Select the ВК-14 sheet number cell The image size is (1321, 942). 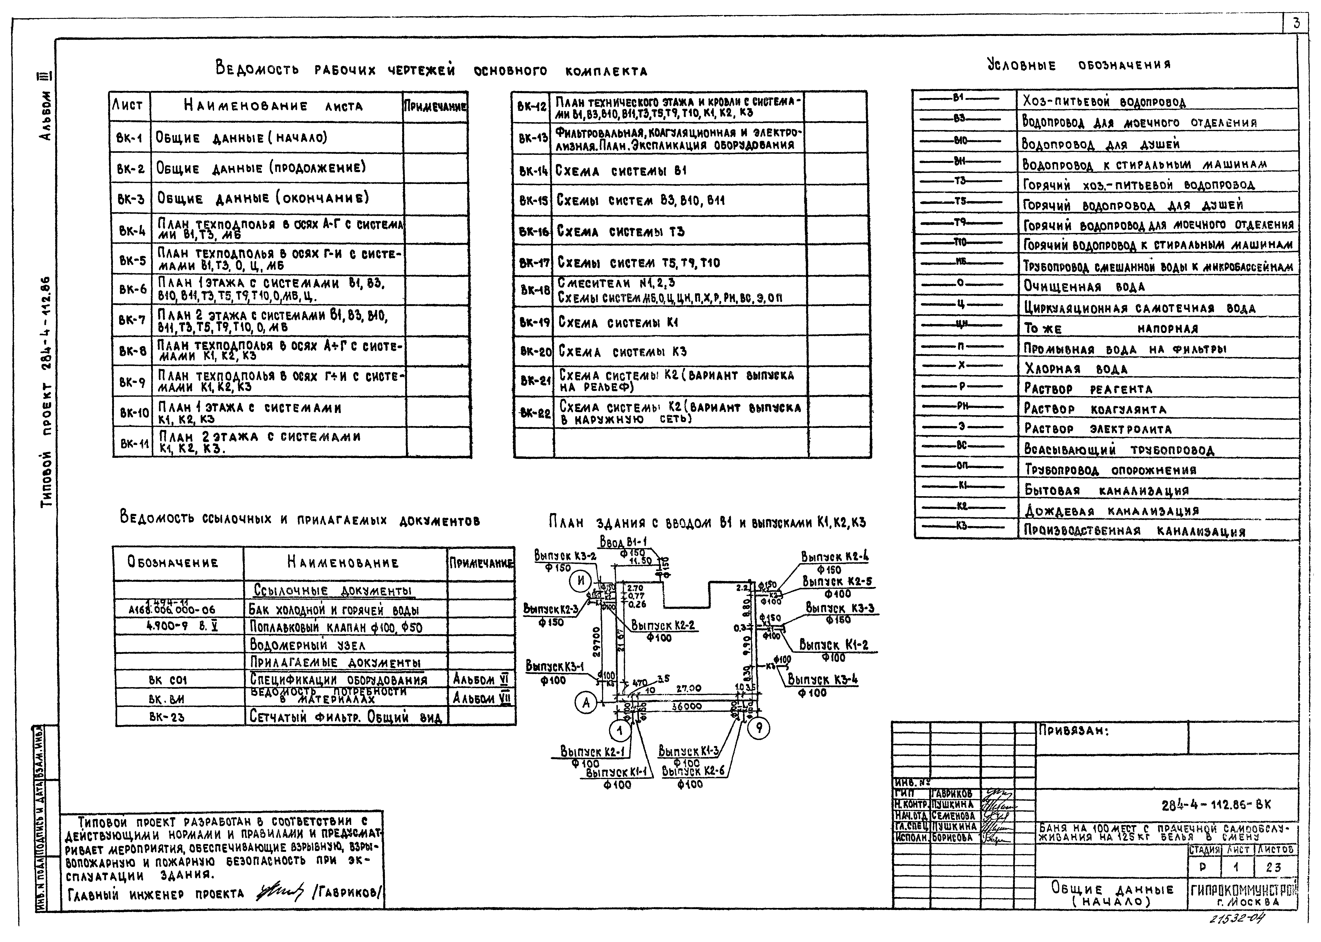[533, 171]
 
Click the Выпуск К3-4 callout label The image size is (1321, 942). [823, 679]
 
